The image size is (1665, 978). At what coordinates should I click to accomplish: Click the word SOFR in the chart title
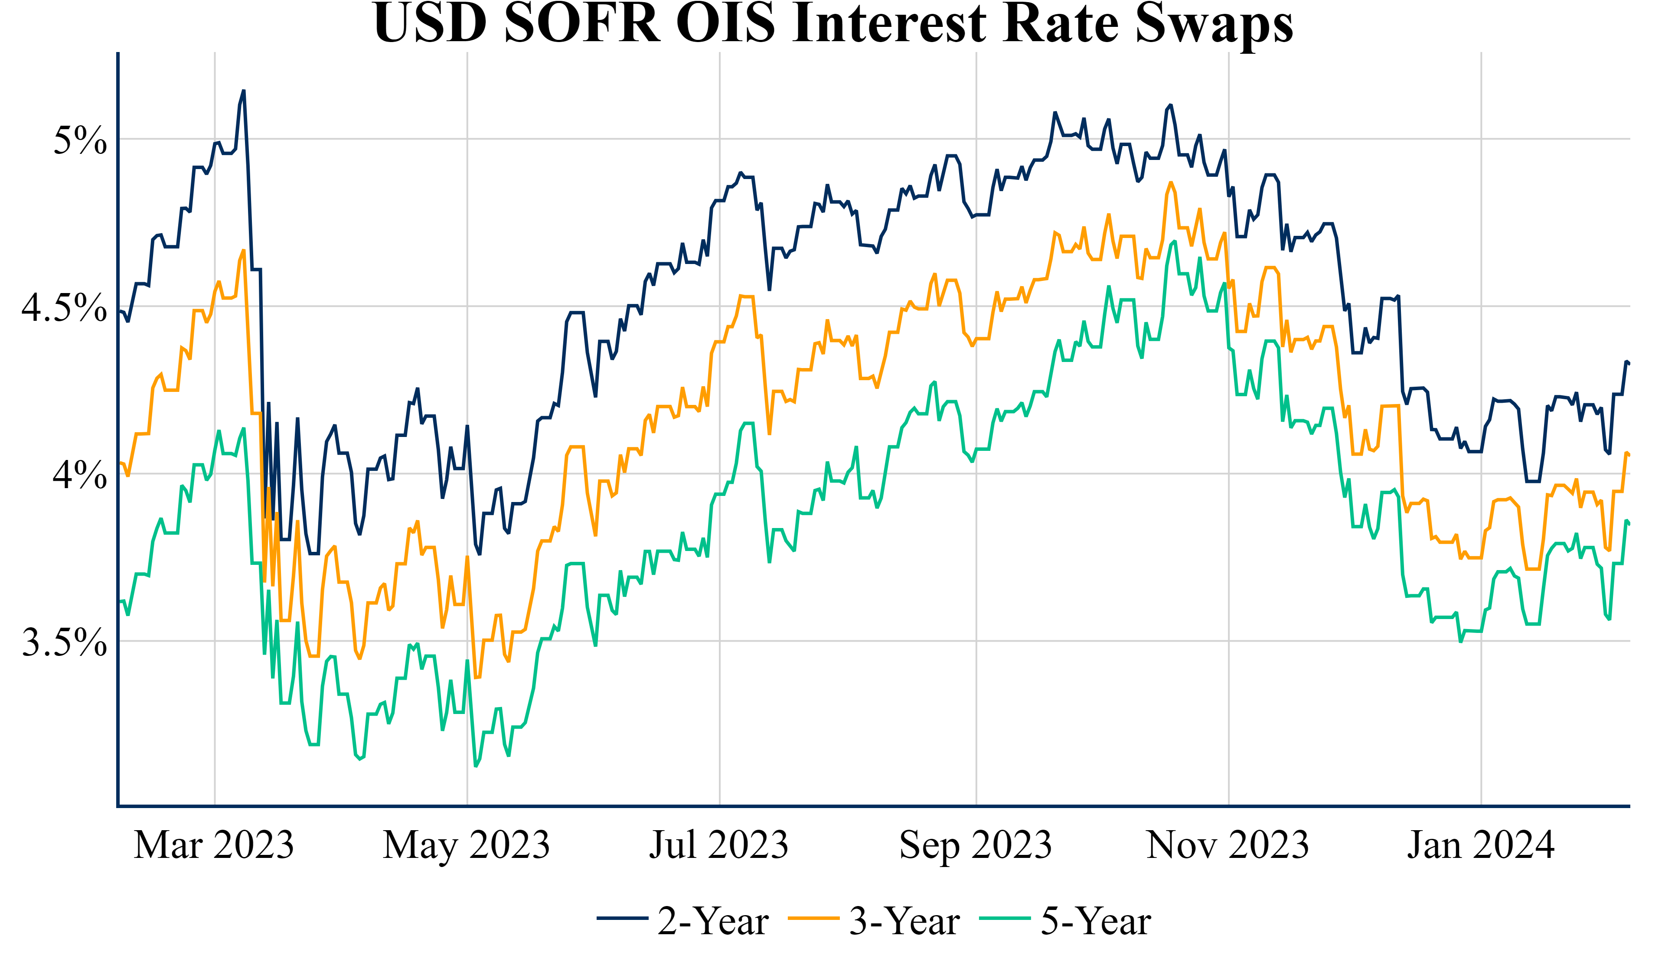[582, 23]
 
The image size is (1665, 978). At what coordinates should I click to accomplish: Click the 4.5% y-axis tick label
[64, 308]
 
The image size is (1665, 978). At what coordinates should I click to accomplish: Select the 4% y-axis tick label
[80, 475]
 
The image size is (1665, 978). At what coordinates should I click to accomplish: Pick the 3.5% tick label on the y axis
[64, 642]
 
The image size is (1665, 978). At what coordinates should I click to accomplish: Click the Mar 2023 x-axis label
[214, 846]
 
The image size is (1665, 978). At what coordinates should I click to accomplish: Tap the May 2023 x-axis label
[467, 846]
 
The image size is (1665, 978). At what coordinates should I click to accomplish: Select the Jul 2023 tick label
[719, 846]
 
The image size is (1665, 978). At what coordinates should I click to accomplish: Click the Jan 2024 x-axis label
[1481, 846]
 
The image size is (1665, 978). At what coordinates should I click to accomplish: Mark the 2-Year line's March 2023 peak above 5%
[244, 91]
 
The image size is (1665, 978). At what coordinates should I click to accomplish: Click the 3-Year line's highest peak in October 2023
[1170, 183]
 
